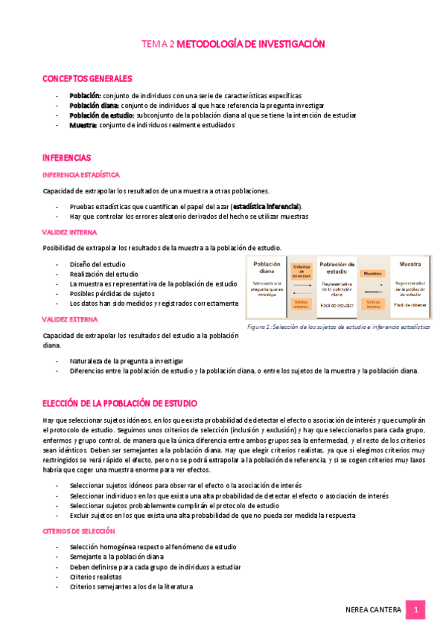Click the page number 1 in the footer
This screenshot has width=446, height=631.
(416, 610)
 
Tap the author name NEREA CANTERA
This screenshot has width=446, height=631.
(374, 610)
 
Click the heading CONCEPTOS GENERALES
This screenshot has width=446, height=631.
(88, 78)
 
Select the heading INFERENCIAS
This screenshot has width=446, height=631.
(67, 158)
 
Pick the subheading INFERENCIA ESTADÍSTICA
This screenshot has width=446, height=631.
(81, 175)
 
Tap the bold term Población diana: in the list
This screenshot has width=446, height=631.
(94, 106)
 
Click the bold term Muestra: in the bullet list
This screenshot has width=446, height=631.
(83, 125)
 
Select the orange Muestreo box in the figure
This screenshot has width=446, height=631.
(372, 273)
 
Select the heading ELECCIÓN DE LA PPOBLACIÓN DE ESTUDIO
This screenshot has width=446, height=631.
(120, 403)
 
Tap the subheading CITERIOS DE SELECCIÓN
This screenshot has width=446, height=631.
(79, 531)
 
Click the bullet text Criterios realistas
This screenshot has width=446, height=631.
(96, 577)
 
